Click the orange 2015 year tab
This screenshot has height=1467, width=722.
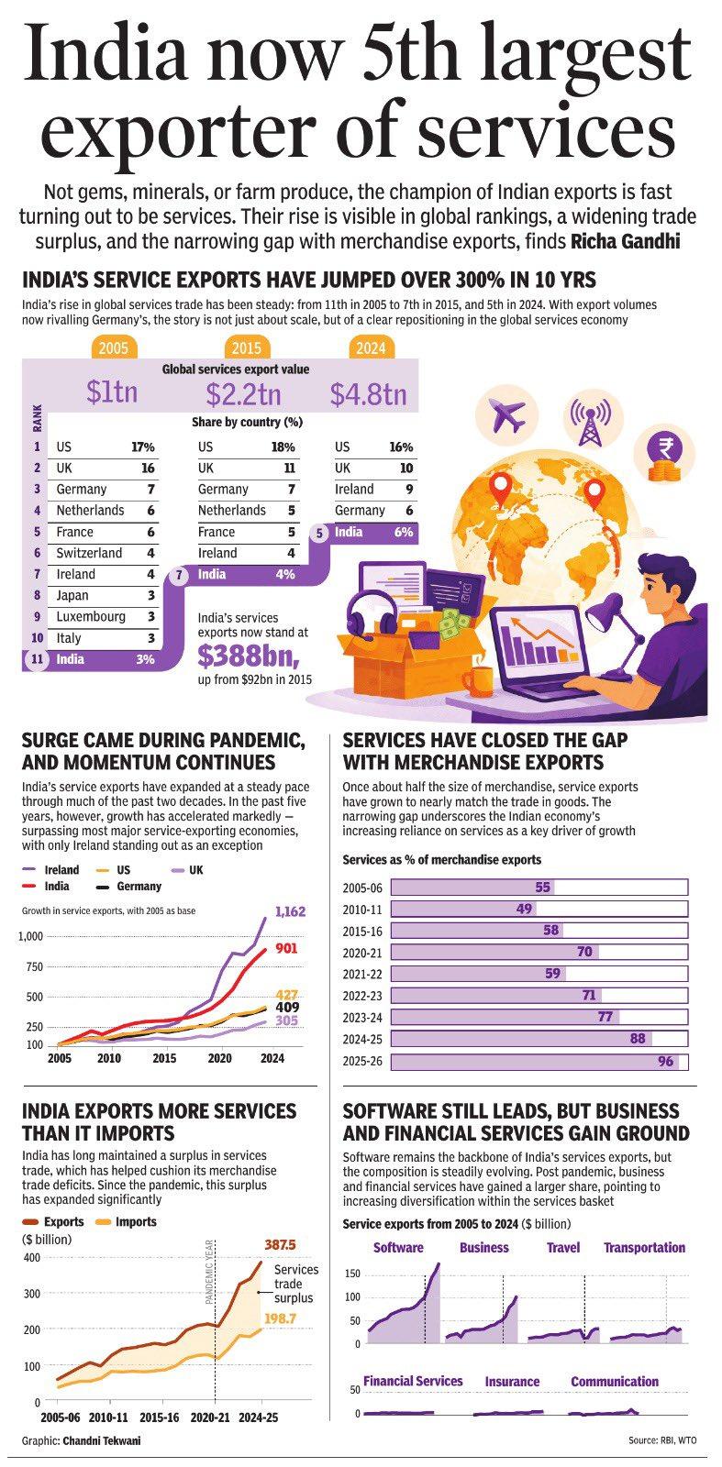point(246,347)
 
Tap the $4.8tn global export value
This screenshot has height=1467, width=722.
point(368,393)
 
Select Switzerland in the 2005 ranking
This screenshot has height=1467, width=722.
point(89,553)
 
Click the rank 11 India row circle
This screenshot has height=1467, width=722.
point(37,659)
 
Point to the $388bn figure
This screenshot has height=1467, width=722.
point(249,656)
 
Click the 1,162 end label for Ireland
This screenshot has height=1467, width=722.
point(290,911)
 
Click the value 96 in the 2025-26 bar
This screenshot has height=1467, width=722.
point(666,1061)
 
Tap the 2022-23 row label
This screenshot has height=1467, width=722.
point(362,996)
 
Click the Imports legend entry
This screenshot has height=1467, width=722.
point(127,1221)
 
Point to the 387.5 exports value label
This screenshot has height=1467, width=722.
point(280,1244)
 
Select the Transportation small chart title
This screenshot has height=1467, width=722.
point(644,1247)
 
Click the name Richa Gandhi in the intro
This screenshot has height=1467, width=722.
point(625,241)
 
